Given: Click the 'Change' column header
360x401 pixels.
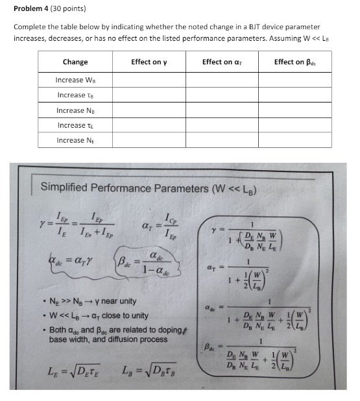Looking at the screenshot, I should [75, 62].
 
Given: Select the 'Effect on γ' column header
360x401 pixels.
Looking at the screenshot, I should [149, 62].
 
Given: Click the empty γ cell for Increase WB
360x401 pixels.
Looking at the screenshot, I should [149, 80].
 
